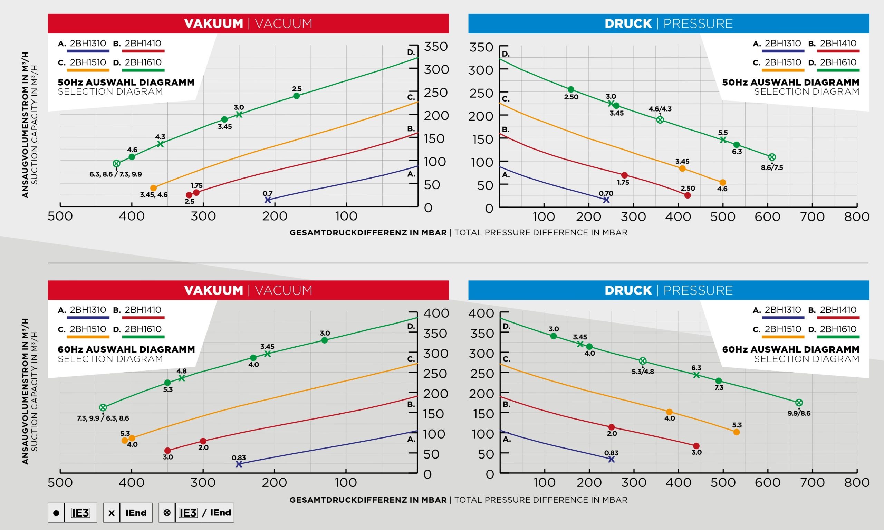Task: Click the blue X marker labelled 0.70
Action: tap(606, 200)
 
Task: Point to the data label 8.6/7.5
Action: tap(772, 167)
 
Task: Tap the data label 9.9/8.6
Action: tap(799, 413)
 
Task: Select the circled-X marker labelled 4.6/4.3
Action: tap(660, 120)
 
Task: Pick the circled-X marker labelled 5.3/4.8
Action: tap(643, 361)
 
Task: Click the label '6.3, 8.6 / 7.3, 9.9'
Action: tap(115, 174)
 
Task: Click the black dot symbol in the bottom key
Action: tap(56, 513)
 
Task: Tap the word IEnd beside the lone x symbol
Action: tap(136, 513)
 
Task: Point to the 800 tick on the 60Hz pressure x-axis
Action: tap(856, 482)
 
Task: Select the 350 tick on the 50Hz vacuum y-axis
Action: tap(436, 46)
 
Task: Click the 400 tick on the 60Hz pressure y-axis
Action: tap(481, 313)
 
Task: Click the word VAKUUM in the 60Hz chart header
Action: tap(214, 290)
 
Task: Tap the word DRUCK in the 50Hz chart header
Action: tap(628, 23)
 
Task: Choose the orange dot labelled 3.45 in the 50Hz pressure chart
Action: tap(682, 168)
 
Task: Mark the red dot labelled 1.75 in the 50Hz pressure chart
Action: tap(624, 175)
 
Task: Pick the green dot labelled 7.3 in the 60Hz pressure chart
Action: tap(719, 381)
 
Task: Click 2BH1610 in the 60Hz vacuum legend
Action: tap(143, 329)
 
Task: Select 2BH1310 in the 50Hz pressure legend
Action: tap(782, 43)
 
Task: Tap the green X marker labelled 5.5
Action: tap(723, 140)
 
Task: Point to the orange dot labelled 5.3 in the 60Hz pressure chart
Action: tap(737, 432)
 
